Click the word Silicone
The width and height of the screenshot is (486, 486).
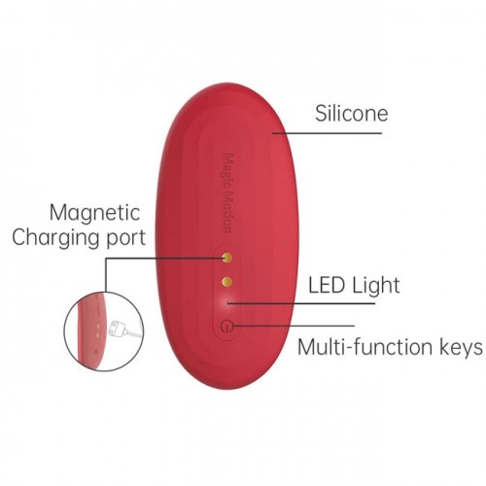tap(352, 114)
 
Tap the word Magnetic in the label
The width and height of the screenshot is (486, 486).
tap(95, 213)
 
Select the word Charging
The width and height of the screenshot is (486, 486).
tap(56, 237)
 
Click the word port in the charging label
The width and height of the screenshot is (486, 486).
tap(126, 239)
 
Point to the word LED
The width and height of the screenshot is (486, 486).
tap(327, 285)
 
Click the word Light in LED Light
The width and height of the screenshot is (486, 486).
tap(376, 285)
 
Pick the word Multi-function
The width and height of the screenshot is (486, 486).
tap(365, 347)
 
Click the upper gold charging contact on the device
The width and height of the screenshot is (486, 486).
tap(227, 258)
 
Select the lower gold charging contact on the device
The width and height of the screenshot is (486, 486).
tap(227, 281)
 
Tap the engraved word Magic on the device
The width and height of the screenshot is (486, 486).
tap(229, 170)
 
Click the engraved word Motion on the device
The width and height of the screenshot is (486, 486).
tap(229, 212)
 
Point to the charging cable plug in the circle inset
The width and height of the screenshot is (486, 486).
tap(118, 329)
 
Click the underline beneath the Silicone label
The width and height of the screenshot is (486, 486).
tap(328, 133)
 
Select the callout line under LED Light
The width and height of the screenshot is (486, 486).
tap(301, 303)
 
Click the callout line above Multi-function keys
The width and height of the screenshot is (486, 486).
tap(294, 326)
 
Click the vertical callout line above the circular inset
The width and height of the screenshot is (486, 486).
tap(106, 275)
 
